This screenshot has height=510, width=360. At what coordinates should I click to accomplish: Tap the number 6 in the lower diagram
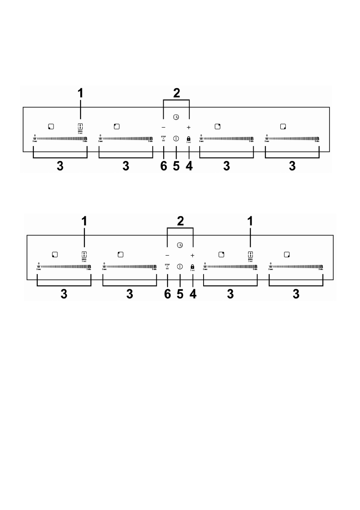(167, 294)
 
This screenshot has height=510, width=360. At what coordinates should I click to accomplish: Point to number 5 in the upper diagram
(176, 166)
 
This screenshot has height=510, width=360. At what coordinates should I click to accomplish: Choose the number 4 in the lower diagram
(193, 294)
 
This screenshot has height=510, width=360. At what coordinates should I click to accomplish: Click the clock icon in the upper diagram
(176, 117)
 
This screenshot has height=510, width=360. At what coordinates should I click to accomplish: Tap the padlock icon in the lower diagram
(193, 266)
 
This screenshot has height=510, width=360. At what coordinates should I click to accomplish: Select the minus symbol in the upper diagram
(163, 128)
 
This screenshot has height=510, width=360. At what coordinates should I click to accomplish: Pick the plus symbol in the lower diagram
(193, 255)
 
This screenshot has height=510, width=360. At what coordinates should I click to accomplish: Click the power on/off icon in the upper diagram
(176, 138)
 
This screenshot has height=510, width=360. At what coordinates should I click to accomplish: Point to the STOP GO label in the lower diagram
(167, 267)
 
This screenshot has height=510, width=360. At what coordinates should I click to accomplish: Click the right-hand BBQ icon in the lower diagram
(250, 255)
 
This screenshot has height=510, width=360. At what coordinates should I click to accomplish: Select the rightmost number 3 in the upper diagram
(292, 166)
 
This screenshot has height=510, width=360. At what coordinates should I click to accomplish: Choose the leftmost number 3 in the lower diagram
(64, 294)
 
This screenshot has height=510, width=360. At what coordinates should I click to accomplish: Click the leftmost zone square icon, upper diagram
(51, 126)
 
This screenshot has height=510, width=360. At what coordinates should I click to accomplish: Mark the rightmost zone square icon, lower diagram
(287, 255)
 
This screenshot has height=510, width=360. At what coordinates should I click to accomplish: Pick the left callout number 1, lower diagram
(84, 221)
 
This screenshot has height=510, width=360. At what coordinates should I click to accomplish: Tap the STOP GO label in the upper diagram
(163, 138)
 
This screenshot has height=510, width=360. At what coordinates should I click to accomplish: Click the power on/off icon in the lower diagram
(180, 266)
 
